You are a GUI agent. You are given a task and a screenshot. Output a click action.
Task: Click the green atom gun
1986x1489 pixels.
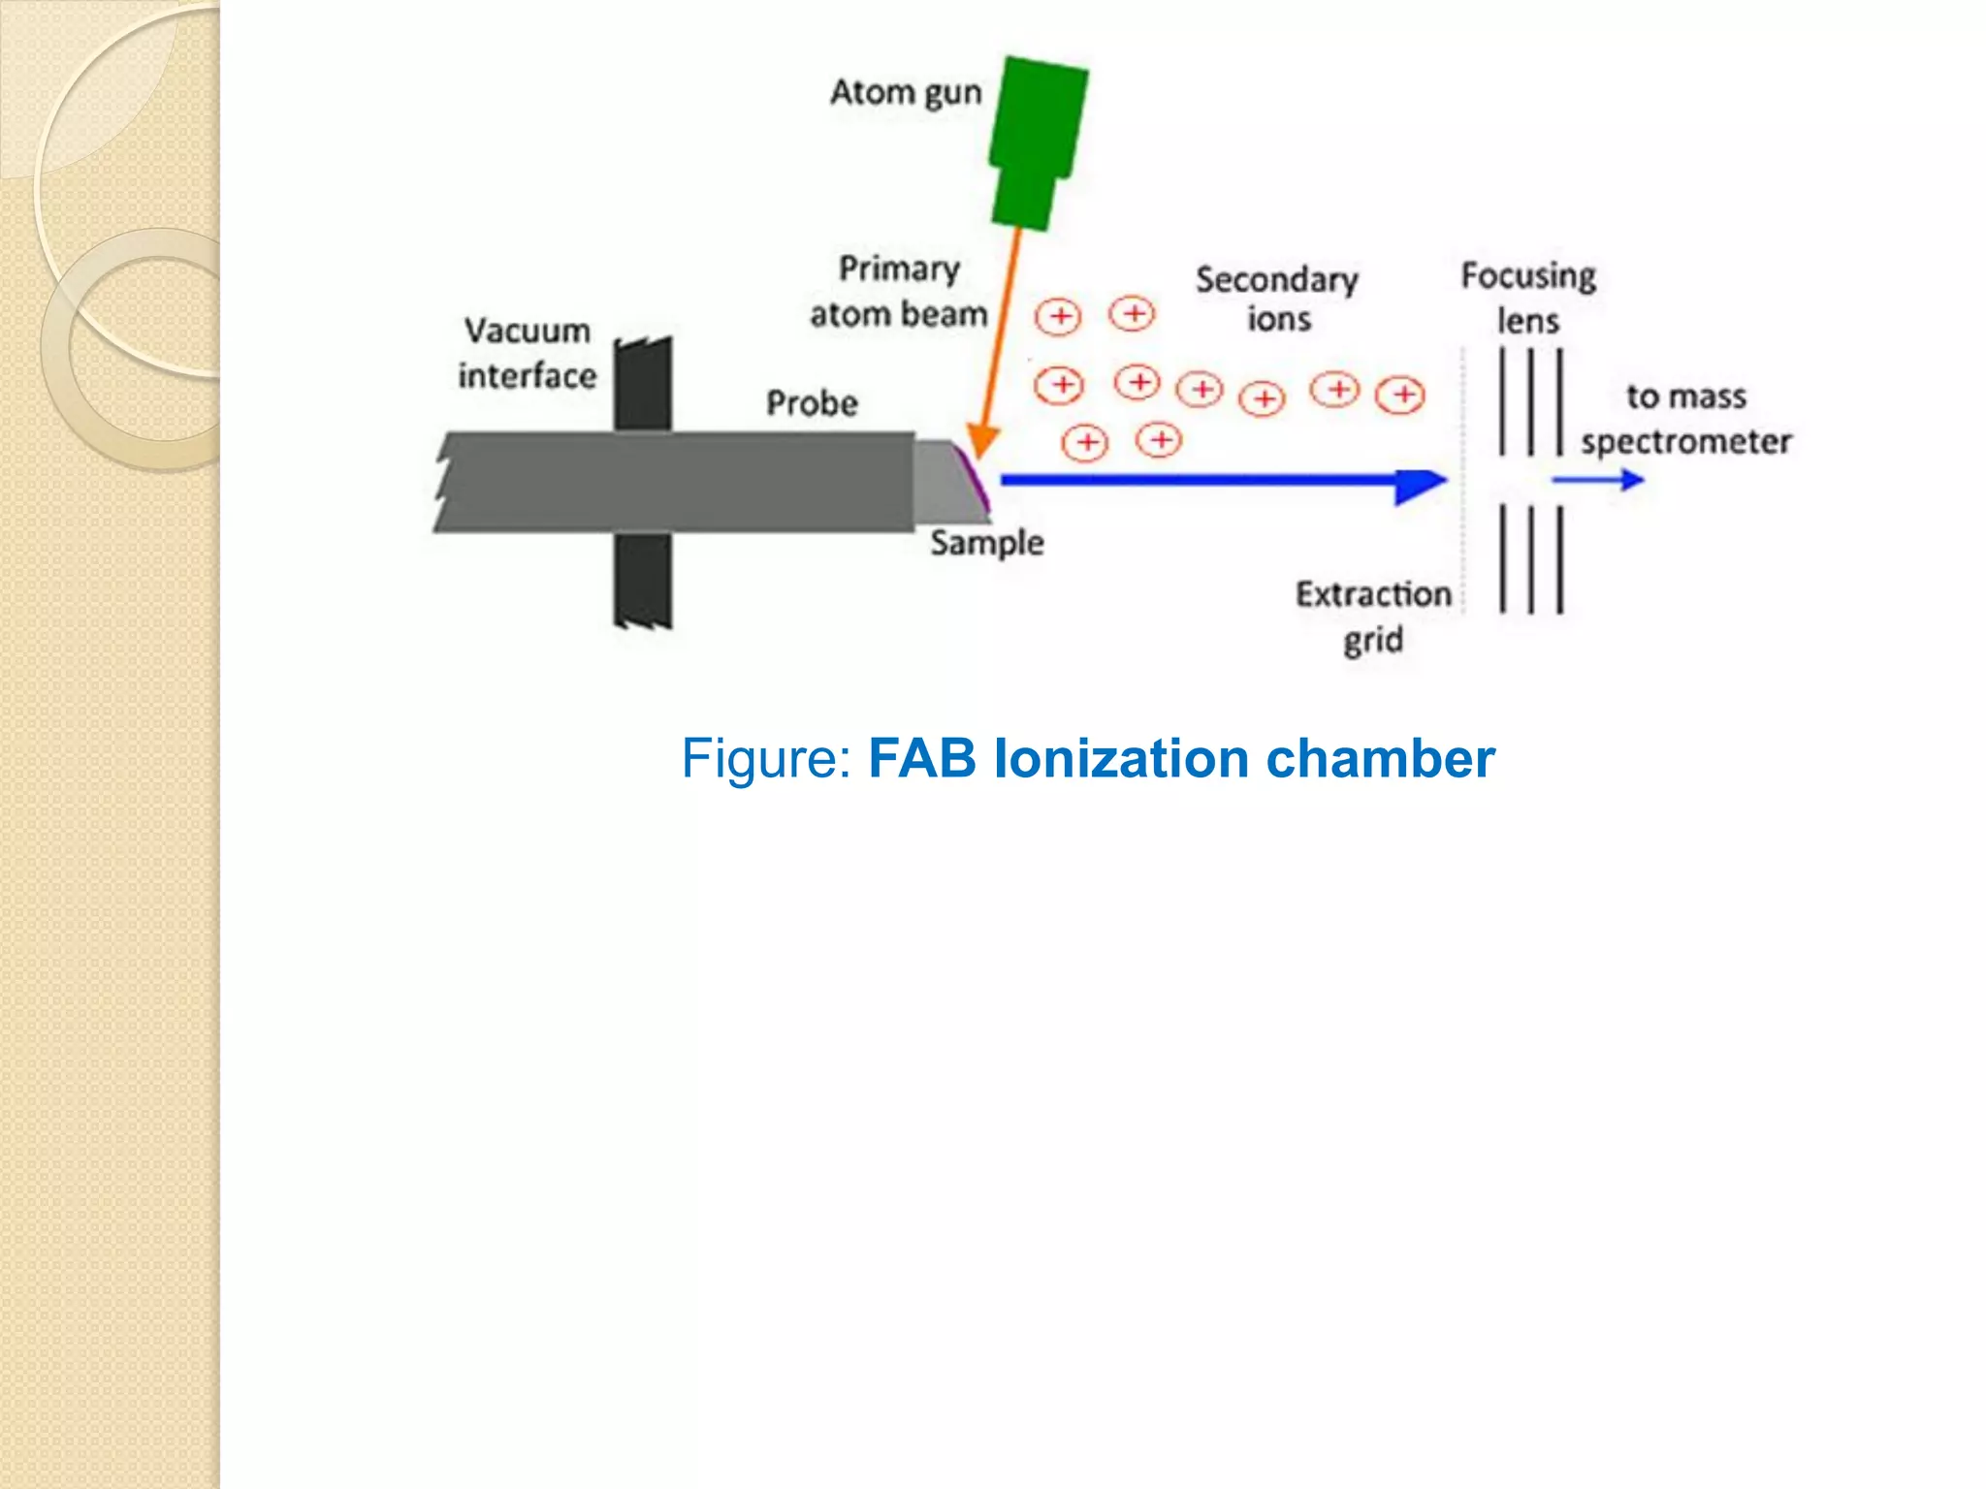click(x=1036, y=141)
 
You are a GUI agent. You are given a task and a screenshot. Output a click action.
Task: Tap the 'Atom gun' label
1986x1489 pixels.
click(x=906, y=93)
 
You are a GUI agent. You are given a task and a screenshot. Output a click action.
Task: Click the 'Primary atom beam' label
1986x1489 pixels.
click(x=899, y=292)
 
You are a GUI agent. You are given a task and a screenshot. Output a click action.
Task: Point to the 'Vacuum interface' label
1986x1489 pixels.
click(x=528, y=353)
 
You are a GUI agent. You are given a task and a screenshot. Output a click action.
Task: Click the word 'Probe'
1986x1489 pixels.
click(x=812, y=403)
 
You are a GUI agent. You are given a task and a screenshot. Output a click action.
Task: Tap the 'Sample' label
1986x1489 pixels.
click(x=987, y=543)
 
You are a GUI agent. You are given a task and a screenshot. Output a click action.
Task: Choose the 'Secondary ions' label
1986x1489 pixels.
click(x=1277, y=300)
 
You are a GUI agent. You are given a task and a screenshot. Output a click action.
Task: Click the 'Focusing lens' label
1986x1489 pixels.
click(x=1528, y=298)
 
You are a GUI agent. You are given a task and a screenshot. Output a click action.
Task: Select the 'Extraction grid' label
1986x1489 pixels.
click(x=1373, y=617)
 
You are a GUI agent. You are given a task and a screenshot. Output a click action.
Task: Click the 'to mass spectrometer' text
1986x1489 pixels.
click(x=1686, y=419)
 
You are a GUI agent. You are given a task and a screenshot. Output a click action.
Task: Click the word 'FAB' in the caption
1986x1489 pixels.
click(x=922, y=758)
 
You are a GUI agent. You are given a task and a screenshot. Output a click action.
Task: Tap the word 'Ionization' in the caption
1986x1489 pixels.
click(x=1121, y=758)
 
